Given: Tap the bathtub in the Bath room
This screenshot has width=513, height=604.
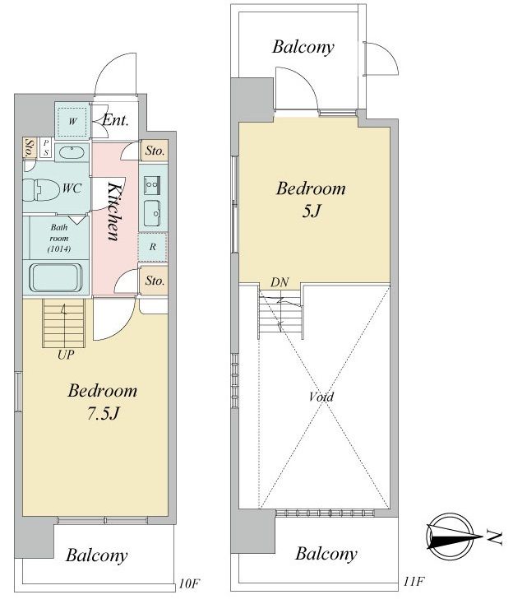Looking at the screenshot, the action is click(x=56, y=277).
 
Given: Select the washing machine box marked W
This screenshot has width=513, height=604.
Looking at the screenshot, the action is click(x=72, y=121).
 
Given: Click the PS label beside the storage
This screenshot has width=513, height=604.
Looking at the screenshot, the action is click(x=46, y=148).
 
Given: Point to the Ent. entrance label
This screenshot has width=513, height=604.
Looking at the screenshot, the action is click(x=115, y=121).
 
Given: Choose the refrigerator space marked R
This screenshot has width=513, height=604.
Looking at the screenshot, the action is click(x=153, y=247).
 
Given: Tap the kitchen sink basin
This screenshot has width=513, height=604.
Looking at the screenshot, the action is click(x=153, y=214).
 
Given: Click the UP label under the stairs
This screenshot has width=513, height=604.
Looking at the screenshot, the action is click(x=66, y=355).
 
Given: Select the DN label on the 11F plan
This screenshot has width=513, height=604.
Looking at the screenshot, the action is click(x=280, y=282).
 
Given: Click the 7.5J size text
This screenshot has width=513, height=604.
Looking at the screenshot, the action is click(x=104, y=414).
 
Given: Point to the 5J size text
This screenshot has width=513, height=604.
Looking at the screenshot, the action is click(x=312, y=211).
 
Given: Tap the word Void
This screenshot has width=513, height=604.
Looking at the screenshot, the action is click(x=321, y=397).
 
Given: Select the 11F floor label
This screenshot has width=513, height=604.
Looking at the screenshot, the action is click(x=414, y=581).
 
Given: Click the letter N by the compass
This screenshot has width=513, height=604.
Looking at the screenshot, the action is click(x=495, y=537).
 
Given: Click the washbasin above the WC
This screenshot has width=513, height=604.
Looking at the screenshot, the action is click(x=72, y=152).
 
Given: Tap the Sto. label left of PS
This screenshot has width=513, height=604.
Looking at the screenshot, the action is click(x=30, y=148).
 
